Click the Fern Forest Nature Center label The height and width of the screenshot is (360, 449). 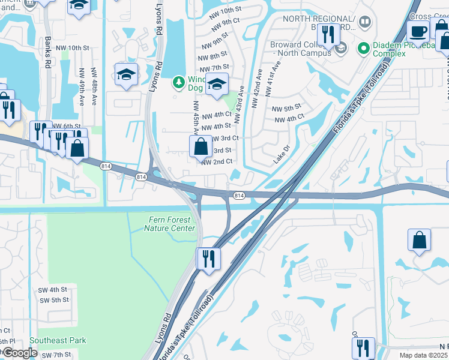[x=171, y=224]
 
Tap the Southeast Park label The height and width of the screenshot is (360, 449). [x=61, y=340]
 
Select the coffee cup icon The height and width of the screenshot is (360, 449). [x=418, y=31]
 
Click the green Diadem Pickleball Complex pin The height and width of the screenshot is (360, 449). [x=363, y=47]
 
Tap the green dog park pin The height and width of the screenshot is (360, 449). [x=178, y=82]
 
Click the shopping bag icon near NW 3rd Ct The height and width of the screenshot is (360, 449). [x=199, y=146]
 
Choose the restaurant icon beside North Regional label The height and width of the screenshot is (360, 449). [x=327, y=35]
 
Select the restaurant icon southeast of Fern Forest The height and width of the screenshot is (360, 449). [x=208, y=259]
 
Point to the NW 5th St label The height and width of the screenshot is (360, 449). [x=286, y=108]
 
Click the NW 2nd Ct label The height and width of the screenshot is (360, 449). [x=217, y=162]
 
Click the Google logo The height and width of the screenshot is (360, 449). [x=19, y=353]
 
